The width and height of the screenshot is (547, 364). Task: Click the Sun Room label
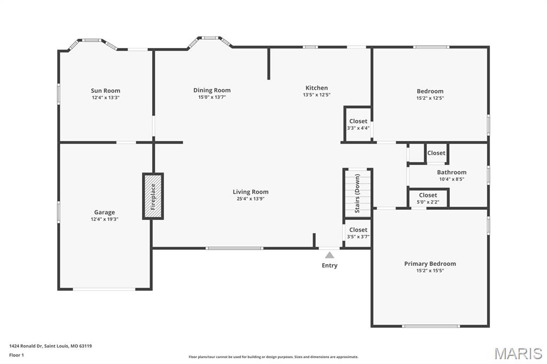tap(105, 91)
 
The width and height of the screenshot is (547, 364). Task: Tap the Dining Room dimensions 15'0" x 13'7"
tap(212, 97)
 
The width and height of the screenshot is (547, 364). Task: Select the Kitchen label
tap(317, 88)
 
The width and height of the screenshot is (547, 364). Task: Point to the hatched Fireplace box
tap(153, 196)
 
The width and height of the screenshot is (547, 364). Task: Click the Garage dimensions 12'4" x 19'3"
tap(105, 219)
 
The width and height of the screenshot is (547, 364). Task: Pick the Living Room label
tap(251, 192)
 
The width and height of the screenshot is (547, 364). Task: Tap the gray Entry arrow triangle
tap(330, 255)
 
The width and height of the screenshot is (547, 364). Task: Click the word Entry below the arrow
tap(330, 265)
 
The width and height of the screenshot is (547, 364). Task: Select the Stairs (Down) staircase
tap(358, 194)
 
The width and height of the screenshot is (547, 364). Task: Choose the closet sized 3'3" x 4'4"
tap(358, 124)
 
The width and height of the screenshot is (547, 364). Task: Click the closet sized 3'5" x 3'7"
tap(358, 233)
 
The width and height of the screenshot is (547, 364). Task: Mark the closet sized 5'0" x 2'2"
tap(428, 199)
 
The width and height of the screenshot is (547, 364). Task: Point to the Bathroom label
tap(452, 172)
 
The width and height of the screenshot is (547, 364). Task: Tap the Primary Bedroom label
tap(430, 264)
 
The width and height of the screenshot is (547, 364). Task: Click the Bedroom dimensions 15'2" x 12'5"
tap(430, 98)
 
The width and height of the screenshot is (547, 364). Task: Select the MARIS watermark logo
tap(518, 353)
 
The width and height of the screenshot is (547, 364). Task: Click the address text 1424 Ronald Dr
tap(26, 346)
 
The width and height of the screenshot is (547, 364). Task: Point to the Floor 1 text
tap(17, 355)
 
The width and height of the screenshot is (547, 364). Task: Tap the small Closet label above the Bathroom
tap(436, 153)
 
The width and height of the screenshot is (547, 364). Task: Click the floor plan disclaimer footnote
tap(273, 357)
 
